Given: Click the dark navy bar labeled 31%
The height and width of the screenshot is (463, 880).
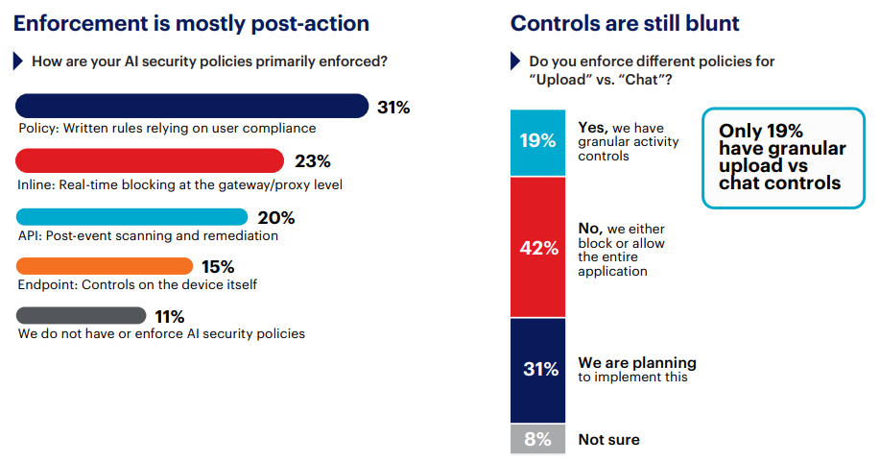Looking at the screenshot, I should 192,106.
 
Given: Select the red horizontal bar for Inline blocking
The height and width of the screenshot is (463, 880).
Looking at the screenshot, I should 150,160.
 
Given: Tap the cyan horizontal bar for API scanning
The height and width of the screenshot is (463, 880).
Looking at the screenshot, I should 131,216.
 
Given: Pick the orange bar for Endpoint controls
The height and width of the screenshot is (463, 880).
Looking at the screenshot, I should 105,266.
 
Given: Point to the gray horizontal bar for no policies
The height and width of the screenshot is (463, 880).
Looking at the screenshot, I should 82,316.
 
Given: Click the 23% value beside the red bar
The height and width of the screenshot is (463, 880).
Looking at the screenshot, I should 312,161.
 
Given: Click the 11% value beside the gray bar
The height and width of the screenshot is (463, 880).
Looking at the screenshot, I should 170,317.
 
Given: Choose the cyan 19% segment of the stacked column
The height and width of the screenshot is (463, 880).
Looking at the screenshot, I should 537,141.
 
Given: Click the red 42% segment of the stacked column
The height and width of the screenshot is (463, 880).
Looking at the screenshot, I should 537,248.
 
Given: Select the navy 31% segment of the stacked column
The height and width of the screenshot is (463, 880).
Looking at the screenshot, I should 537,370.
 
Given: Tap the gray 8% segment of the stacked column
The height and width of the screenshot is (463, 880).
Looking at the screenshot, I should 537,439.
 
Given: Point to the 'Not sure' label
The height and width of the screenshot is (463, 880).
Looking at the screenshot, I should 608,440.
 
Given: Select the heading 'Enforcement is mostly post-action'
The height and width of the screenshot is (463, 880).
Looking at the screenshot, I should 191,24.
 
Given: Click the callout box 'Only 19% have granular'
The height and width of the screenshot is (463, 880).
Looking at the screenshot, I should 783,157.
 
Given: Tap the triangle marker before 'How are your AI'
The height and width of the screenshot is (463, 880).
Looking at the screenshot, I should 18,61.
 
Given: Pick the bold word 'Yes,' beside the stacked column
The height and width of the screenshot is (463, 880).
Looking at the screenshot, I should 592,127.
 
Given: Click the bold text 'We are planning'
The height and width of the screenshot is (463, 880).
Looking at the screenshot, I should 636,363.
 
